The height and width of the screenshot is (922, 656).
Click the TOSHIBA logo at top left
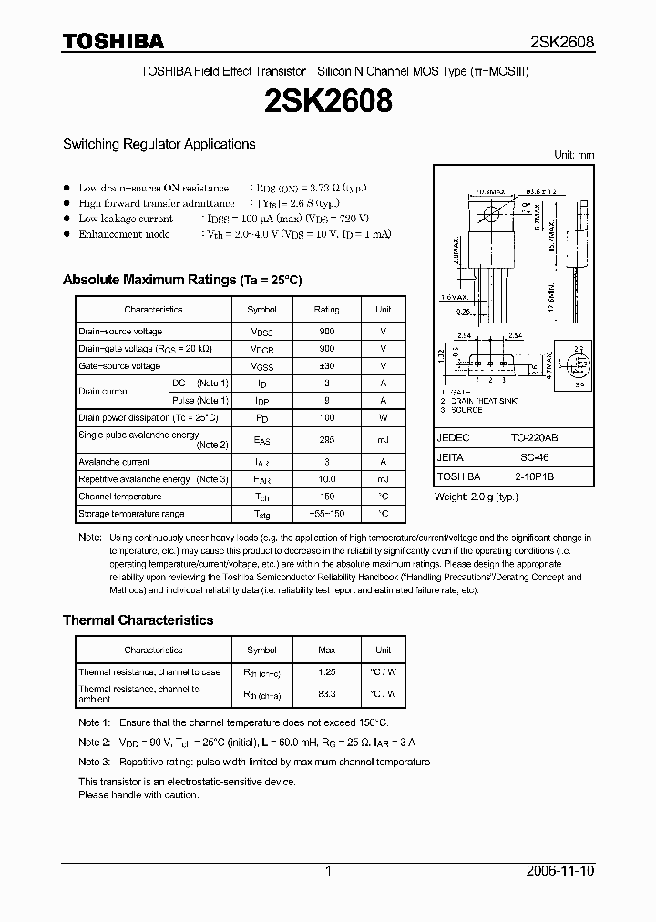[x=113, y=41]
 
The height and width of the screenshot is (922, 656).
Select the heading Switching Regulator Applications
[x=159, y=144]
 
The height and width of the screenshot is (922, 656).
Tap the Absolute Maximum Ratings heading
[x=181, y=280]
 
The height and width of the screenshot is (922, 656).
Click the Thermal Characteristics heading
[x=138, y=620]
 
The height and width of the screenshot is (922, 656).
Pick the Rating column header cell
[x=325, y=310]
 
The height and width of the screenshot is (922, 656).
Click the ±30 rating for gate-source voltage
[x=325, y=366]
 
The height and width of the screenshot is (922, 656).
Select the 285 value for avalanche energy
[x=325, y=440]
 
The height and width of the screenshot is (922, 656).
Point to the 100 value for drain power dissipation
[x=325, y=418]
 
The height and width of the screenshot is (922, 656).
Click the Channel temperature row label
[x=119, y=497]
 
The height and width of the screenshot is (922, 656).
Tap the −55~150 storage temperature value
[x=325, y=515]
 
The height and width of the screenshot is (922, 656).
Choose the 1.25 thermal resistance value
[x=325, y=672]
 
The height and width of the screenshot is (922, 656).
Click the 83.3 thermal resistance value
[x=325, y=693]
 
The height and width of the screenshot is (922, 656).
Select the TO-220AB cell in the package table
[x=541, y=438]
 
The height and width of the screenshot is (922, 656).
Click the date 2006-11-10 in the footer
[x=561, y=871]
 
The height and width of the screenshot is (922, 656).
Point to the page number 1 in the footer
[x=329, y=871]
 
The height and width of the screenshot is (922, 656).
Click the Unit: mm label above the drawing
[x=574, y=155]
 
